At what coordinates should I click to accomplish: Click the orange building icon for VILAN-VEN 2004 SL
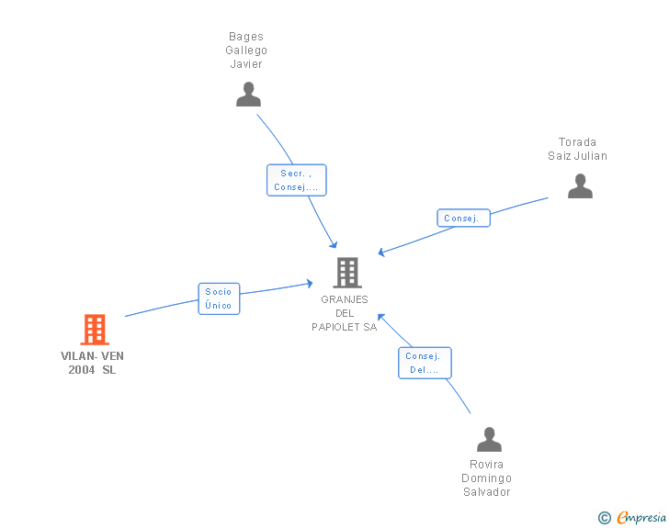95,330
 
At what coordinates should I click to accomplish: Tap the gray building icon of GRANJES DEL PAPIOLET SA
347,273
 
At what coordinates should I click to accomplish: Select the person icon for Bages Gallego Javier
248,95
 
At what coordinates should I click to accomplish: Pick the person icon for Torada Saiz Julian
580,186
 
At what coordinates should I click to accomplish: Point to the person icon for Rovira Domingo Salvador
490,439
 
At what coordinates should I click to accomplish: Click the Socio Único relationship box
219,298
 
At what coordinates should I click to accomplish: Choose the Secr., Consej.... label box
297,180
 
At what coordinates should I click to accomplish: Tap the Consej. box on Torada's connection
463,218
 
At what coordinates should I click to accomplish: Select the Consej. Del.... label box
425,363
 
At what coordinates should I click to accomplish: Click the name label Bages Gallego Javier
246,51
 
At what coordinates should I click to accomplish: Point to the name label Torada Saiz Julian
578,149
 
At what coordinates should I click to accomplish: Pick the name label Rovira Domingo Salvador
487,478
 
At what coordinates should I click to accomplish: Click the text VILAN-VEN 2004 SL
92,363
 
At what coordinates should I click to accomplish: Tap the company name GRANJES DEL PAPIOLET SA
345,313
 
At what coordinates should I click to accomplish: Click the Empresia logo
641,517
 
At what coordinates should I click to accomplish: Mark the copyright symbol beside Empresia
604,518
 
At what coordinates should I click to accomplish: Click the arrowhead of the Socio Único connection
310,284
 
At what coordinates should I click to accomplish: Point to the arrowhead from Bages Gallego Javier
334,244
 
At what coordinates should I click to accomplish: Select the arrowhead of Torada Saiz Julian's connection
381,252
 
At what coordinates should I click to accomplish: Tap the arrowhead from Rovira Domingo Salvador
381,318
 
